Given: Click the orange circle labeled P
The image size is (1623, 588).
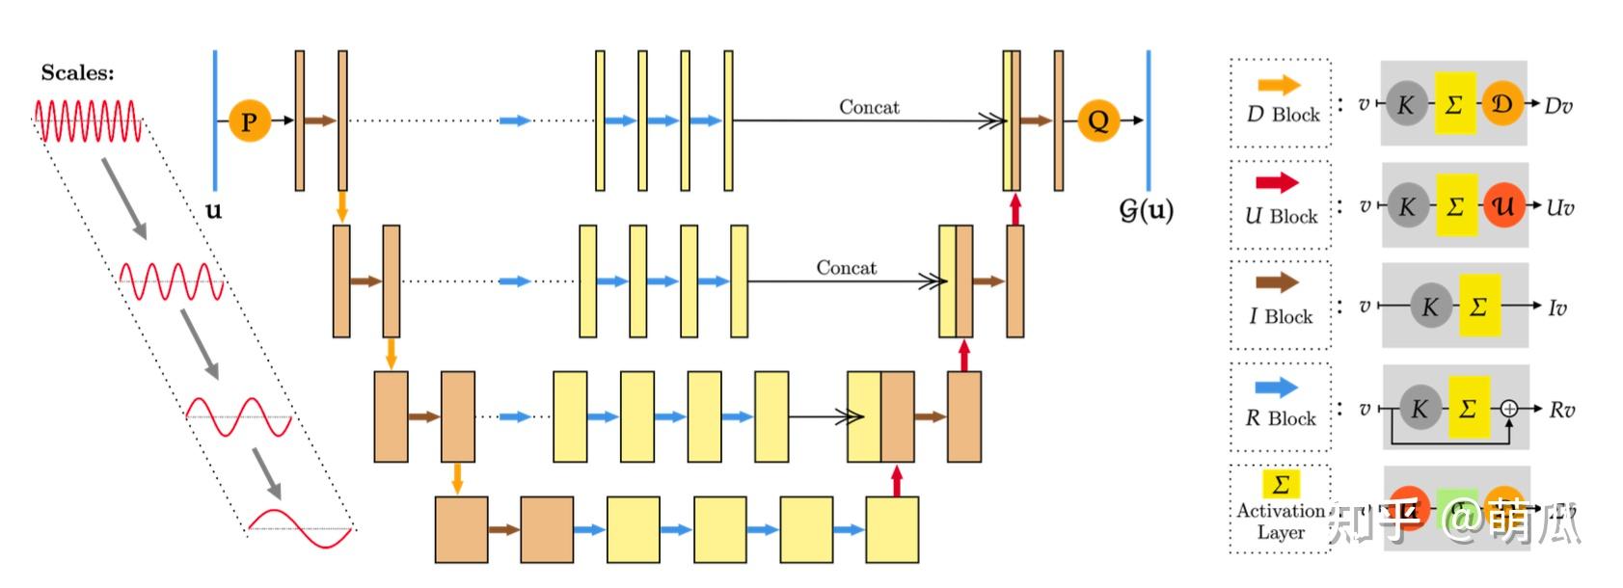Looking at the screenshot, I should point(249,121).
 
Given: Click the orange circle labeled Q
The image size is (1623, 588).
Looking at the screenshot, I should point(1097,120).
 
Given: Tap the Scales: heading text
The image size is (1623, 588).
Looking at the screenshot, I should point(77,73).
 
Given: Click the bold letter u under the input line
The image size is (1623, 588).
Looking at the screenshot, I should point(214,210).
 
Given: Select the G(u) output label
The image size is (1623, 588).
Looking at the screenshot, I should point(1146,210).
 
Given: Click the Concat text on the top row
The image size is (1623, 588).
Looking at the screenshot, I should point(869,107).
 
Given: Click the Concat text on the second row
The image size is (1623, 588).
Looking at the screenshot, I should point(847,268).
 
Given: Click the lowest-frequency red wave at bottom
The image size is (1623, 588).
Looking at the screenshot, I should point(301,526).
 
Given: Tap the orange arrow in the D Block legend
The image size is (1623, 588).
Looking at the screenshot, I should point(1279,86).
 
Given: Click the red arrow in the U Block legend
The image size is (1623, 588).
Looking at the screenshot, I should point(1278,182).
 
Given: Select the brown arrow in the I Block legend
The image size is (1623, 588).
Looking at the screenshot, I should point(1278,282).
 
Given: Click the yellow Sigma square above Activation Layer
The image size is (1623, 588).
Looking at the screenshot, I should point(1281,483).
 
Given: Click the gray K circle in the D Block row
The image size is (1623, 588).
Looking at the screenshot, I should point(1406,105).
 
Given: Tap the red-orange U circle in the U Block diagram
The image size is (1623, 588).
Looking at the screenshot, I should point(1502,205).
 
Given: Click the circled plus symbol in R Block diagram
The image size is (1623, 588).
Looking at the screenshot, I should point(1509,410).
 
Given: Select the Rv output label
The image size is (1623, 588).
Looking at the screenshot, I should point(1561,410).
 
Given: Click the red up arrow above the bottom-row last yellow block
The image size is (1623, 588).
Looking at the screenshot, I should point(897,481).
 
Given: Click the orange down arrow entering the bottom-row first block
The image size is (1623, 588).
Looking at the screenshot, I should point(458,478).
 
